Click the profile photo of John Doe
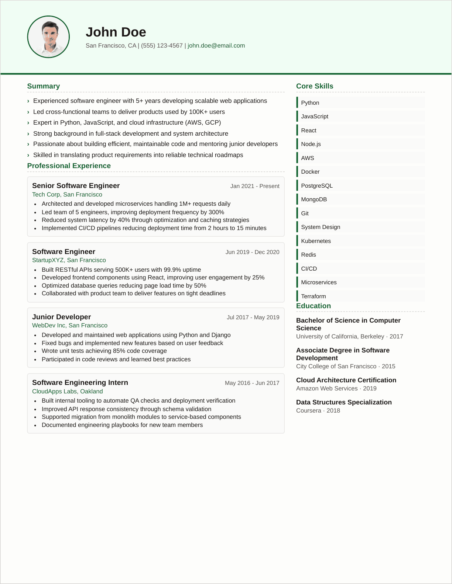pos(48,37)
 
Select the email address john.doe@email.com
pos(216,46)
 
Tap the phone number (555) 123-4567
pos(162,46)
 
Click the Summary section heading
pos(44,86)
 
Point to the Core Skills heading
pos(315,86)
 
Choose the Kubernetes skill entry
pos(316,241)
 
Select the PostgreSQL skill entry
pos(317,186)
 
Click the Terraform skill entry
pos(314,296)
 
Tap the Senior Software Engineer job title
pos(76,186)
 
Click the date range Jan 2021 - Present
pos(255,186)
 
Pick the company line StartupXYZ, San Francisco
pos(69,260)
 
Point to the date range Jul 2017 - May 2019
pos(253,317)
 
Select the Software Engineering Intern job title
pos(80,383)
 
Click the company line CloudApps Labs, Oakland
pos(68,392)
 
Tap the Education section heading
pos(314,306)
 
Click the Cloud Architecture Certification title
pos(346,380)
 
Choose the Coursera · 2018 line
pos(318,411)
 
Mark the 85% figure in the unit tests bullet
pos(119,351)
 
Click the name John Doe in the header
pos(116,32)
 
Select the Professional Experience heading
pos(69,166)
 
